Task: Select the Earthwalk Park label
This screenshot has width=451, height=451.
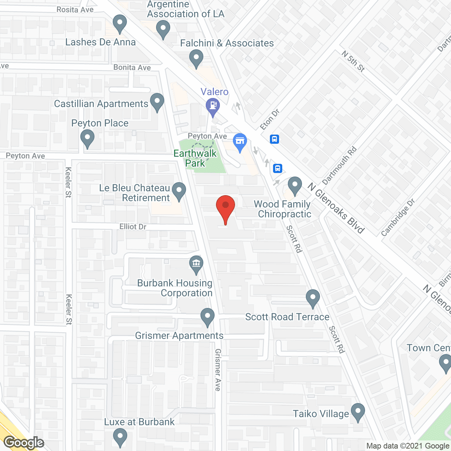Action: pyautogui.click(x=195, y=158)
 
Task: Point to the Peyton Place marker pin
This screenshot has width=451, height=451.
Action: pyautogui.click(x=87, y=138)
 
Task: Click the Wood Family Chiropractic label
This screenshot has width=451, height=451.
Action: pyautogui.click(x=283, y=209)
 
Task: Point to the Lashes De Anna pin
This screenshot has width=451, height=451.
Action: pyautogui.click(x=120, y=23)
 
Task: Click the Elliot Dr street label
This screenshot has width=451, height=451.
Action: pyautogui.click(x=133, y=227)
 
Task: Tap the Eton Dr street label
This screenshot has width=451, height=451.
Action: pyautogui.click(x=270, y=119)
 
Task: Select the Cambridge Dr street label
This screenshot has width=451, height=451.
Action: pyautogui.click(x=398, y=217)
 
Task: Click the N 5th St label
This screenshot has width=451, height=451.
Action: pyautogui.click(x=353, y=61)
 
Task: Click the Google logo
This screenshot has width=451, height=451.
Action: pyautogui.click(x=24, y=443)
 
